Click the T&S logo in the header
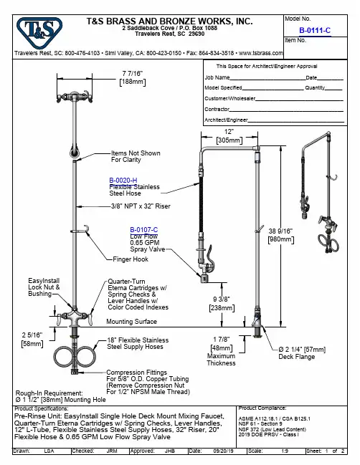39,32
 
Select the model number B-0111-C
315,30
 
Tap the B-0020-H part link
123,181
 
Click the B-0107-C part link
144,230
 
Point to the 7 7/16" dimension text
133,73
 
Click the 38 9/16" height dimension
280,231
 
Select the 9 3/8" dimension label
222,299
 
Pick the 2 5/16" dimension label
32,335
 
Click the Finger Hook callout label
131,259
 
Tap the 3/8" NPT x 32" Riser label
141,206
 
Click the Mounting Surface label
131,322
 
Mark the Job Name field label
217,77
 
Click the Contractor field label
217,109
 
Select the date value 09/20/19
223,451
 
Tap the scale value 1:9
285,451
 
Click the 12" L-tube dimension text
229,132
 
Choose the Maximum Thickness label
221,360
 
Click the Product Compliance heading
262,408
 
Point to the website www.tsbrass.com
261,53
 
